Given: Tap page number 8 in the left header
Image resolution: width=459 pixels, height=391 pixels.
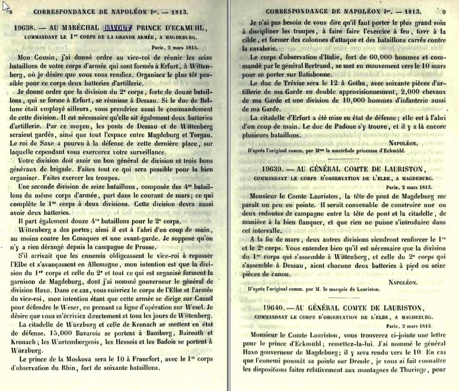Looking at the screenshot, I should point(11,12).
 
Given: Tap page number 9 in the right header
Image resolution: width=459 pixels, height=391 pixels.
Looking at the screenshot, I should point(444,11).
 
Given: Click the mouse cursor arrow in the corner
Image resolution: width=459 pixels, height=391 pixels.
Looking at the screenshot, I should point(5,8).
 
